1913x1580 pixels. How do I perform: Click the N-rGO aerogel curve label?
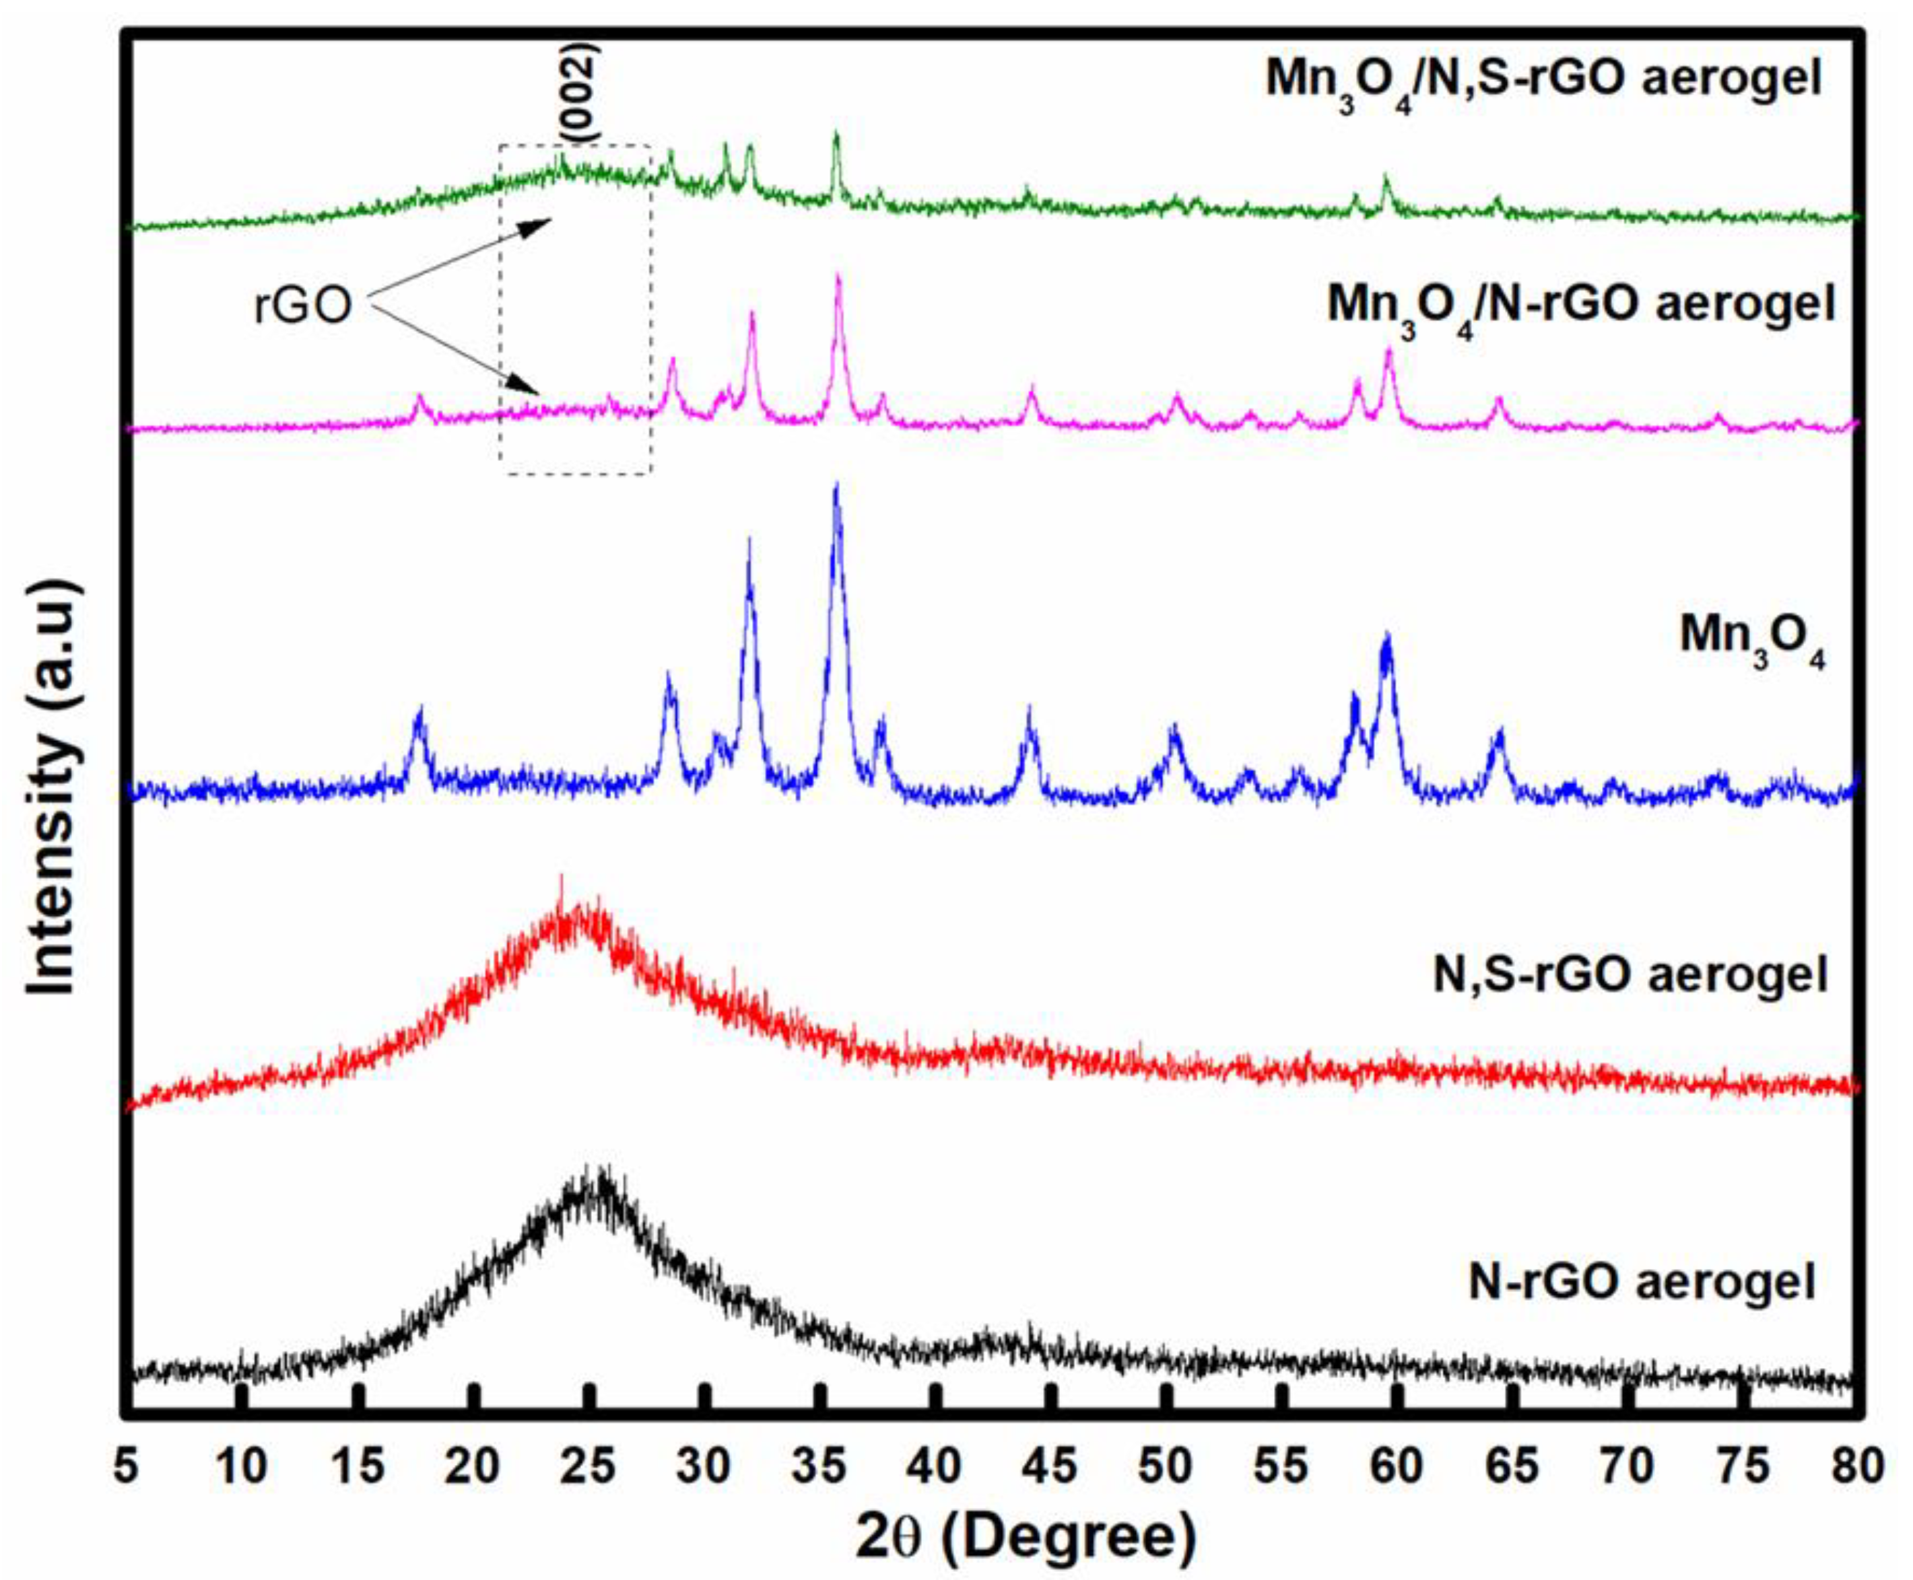coord(1642,1281)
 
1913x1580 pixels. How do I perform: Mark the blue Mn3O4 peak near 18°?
coord(419,713)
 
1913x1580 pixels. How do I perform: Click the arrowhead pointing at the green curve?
coord(543,222)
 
